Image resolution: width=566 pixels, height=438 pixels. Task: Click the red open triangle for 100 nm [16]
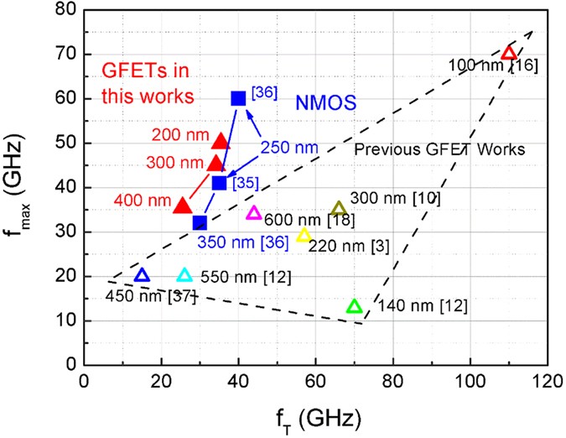[508, 53]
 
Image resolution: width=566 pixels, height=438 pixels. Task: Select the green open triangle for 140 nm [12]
[354, 307]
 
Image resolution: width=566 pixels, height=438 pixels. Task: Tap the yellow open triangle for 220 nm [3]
[304, 236]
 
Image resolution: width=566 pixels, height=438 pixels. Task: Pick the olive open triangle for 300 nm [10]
[339, 209]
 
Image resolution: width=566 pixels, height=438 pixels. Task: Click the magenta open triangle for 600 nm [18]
[254, 213]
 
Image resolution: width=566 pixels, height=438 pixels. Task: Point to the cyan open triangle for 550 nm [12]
[184, 275]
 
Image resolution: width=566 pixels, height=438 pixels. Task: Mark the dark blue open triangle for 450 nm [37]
[142, 275]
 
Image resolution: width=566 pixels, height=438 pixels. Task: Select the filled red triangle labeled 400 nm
[183, 206]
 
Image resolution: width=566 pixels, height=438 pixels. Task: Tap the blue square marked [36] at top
[238, 98]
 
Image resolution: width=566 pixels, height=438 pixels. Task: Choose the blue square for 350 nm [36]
[200, 222]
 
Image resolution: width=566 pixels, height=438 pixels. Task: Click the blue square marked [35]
[219, 183]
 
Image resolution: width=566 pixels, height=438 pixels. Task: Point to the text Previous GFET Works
[439, 149]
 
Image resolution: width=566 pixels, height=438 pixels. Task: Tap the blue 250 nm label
[290, 147]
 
